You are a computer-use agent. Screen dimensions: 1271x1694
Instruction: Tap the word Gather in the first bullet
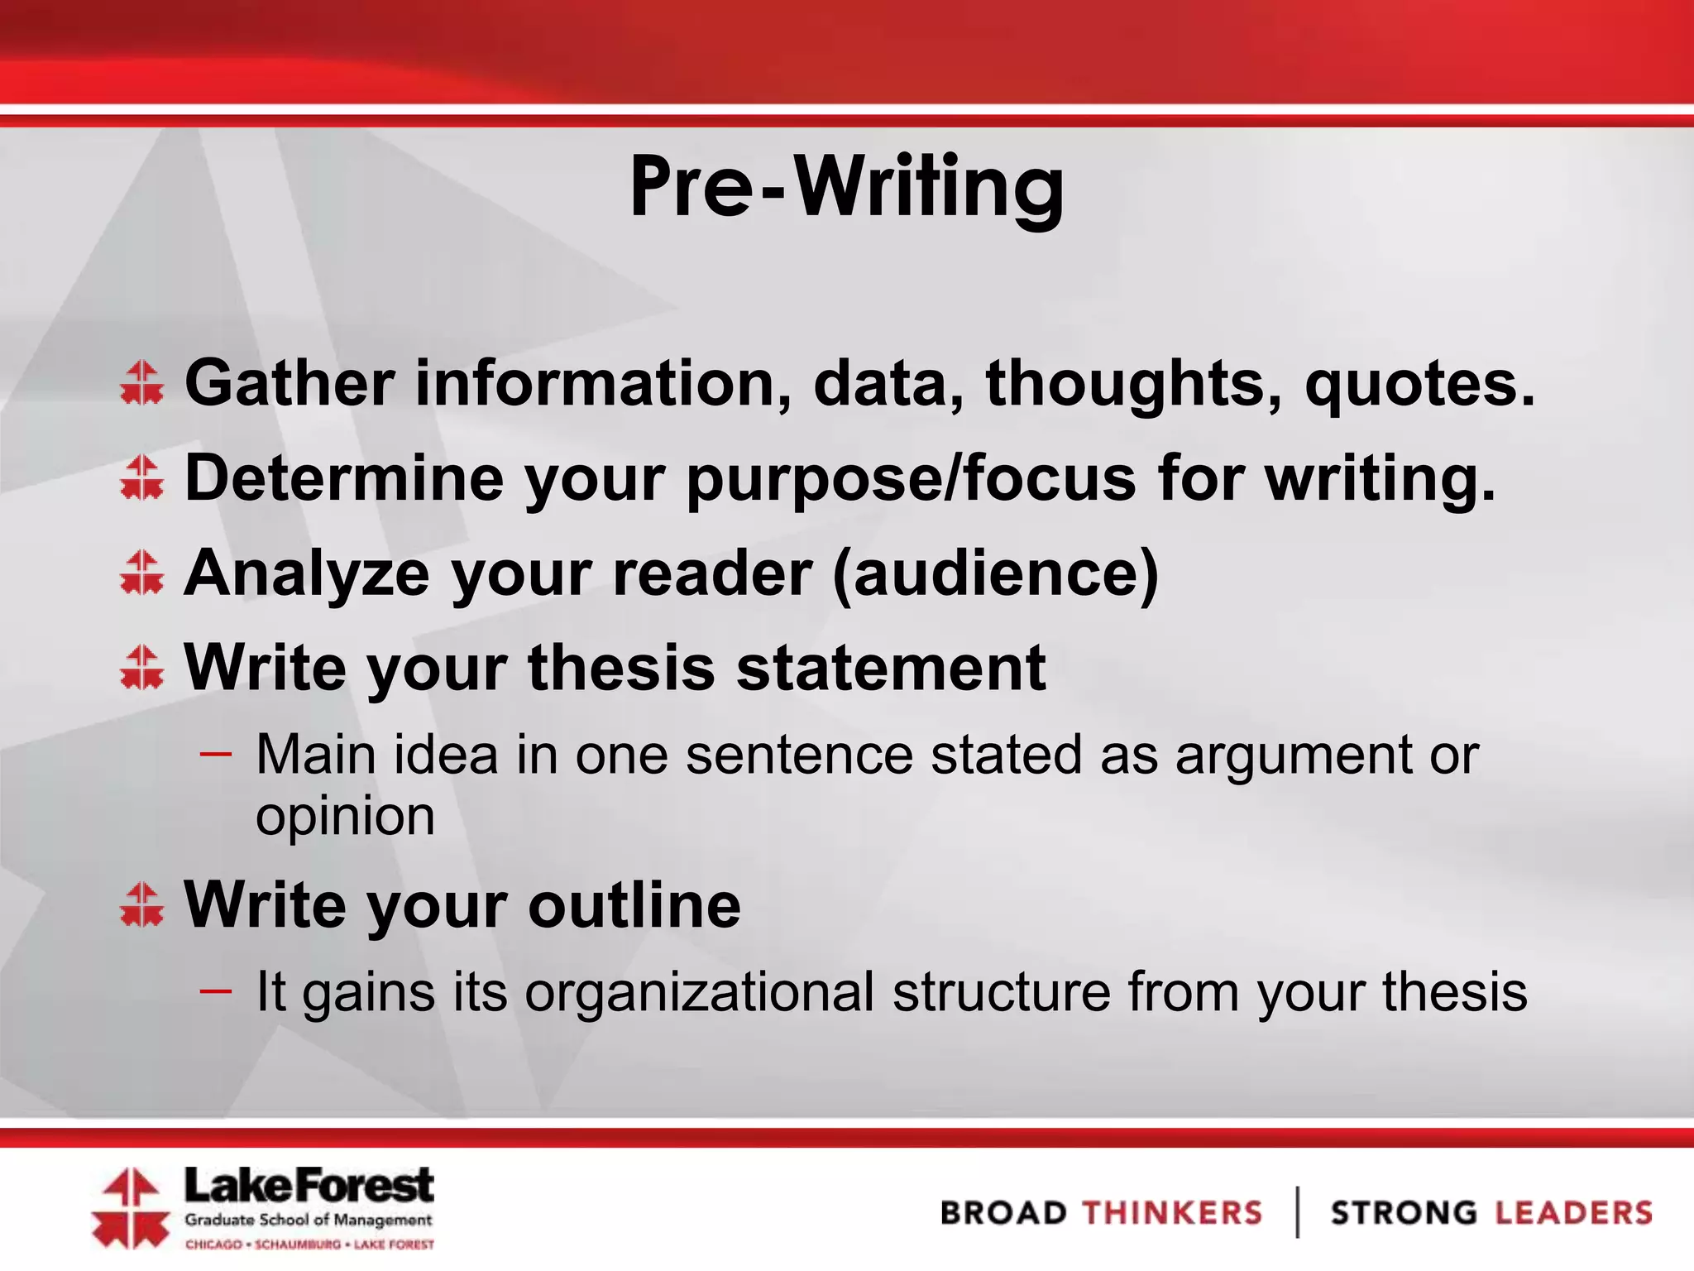(290, 383)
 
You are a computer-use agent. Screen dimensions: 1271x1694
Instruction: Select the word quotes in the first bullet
(1419, 385)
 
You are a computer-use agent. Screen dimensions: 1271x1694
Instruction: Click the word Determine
(343, 478)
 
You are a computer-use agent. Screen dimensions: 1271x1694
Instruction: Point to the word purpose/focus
(911, 480)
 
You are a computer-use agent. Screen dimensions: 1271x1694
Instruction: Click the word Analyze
(307, 573)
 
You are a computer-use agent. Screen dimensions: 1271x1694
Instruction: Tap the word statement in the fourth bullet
(891, 668)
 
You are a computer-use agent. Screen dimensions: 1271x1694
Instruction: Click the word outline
(634, 904)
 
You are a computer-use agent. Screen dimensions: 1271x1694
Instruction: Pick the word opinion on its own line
(345, 818)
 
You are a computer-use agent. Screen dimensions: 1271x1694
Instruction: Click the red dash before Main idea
(216, 754)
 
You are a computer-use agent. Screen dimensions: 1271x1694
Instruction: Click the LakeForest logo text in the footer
(309, 1187)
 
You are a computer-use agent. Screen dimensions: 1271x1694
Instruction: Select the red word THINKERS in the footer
(1172, 1213)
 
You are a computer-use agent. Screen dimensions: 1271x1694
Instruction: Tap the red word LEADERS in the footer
(1573, 1213)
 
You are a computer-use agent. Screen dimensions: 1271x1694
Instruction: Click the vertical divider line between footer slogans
(1297, 1212)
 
